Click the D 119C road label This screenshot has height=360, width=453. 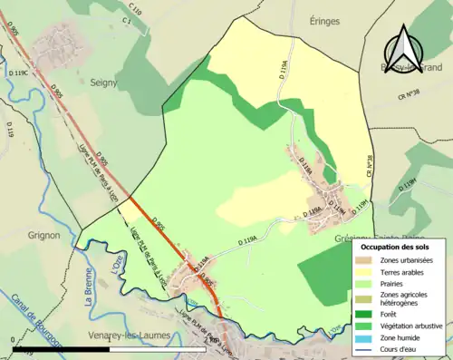[x=19, y=73]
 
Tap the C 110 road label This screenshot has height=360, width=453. [x=135, y=10]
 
